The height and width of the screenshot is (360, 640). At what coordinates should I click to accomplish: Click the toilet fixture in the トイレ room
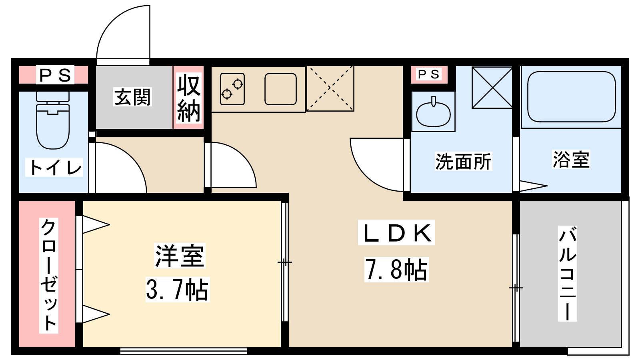[x=53, y=120]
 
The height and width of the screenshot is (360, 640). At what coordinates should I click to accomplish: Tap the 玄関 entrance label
[x=132, y=97]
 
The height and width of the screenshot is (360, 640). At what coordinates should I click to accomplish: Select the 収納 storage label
[x=188, y=98]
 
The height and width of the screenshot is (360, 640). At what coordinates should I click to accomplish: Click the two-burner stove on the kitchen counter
[x=232, y=89]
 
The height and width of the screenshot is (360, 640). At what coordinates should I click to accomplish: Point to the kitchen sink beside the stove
[x=280, y=89]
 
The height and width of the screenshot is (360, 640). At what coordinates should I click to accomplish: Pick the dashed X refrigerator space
[x=330, y=88]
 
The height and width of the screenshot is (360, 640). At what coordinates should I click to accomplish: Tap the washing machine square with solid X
[x=492, y=88]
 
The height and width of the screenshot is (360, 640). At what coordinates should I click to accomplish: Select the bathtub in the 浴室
[x=572, y=96]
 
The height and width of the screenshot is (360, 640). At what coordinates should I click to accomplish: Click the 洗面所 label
[x=463, y=162]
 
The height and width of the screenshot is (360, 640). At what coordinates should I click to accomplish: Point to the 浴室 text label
[x=571, y=159]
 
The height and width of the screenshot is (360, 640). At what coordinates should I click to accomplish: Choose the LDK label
[x=396, y=232]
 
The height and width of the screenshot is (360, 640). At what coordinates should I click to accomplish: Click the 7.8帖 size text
[x=396, y=270]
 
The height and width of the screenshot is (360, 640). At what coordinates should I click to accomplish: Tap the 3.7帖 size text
[x=178, y=290]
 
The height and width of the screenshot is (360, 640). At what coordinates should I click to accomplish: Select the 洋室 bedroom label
[x=180, y=256]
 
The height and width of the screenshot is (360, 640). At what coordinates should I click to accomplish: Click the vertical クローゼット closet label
[x=48, y=276]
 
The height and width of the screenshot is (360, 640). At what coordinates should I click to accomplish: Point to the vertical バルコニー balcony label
[x=568, y=274]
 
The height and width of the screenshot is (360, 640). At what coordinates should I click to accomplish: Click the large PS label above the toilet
[x=55, y=75]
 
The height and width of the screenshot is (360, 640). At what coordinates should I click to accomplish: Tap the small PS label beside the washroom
[x=428, y=74]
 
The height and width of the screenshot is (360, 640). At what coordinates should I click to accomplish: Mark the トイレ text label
[x=54, y=167]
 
